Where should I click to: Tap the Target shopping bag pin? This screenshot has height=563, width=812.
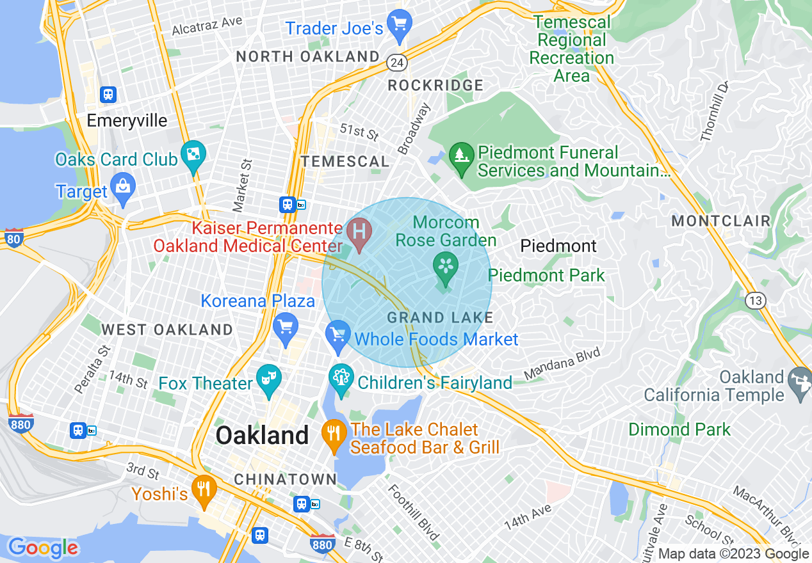(x=122, y=188)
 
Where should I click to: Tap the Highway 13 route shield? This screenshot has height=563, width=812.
(x=757, y=300)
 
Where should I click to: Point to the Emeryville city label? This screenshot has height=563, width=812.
(x=127, y=121)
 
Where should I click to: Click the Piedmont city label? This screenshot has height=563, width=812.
(x=558, y=246)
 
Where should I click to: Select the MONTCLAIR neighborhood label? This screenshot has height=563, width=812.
(x=720, y=221)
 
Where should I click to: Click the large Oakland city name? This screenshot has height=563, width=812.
(x=262, y=436)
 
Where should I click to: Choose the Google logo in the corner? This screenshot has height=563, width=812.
(x=42, y=548)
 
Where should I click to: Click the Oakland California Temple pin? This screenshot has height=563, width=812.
(x=800, y=381)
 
